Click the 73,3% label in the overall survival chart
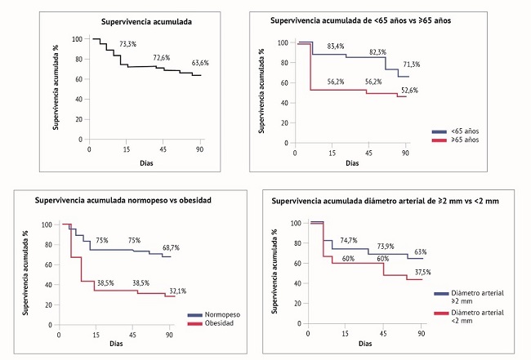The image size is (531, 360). tap(129, 45)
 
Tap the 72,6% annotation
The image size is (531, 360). tap(162, 58)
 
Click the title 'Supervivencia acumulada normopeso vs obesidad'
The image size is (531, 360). tap(123, 201)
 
